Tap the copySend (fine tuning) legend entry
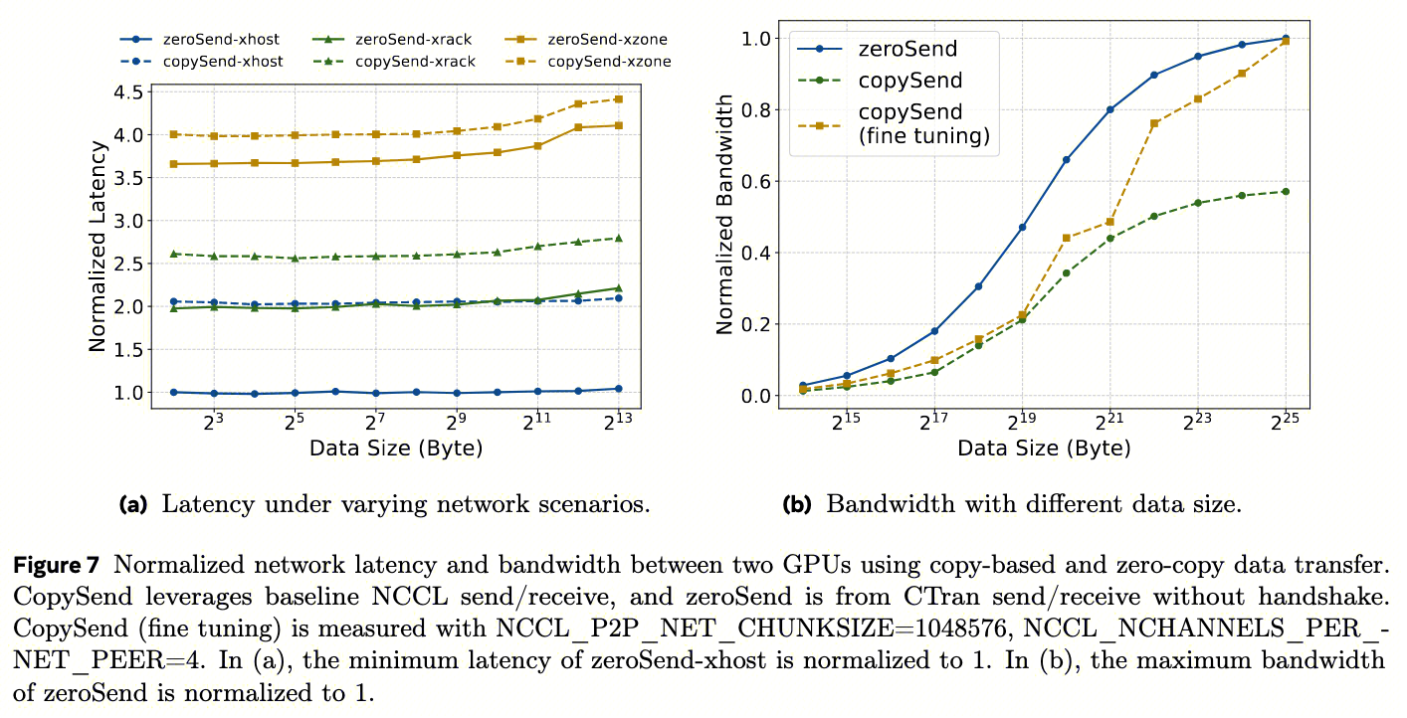click(923, 124)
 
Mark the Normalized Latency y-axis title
click(98, 247)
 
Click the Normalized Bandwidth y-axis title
click(725, 213)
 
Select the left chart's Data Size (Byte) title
click(396, 449)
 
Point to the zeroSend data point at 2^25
click(1285, 39)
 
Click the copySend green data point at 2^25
click(1285, 191)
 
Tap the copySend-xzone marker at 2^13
click(618, 99)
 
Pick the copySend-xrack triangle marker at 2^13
click(618, 238)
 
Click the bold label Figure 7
click(57, 567)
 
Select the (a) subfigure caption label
click(132, 504)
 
